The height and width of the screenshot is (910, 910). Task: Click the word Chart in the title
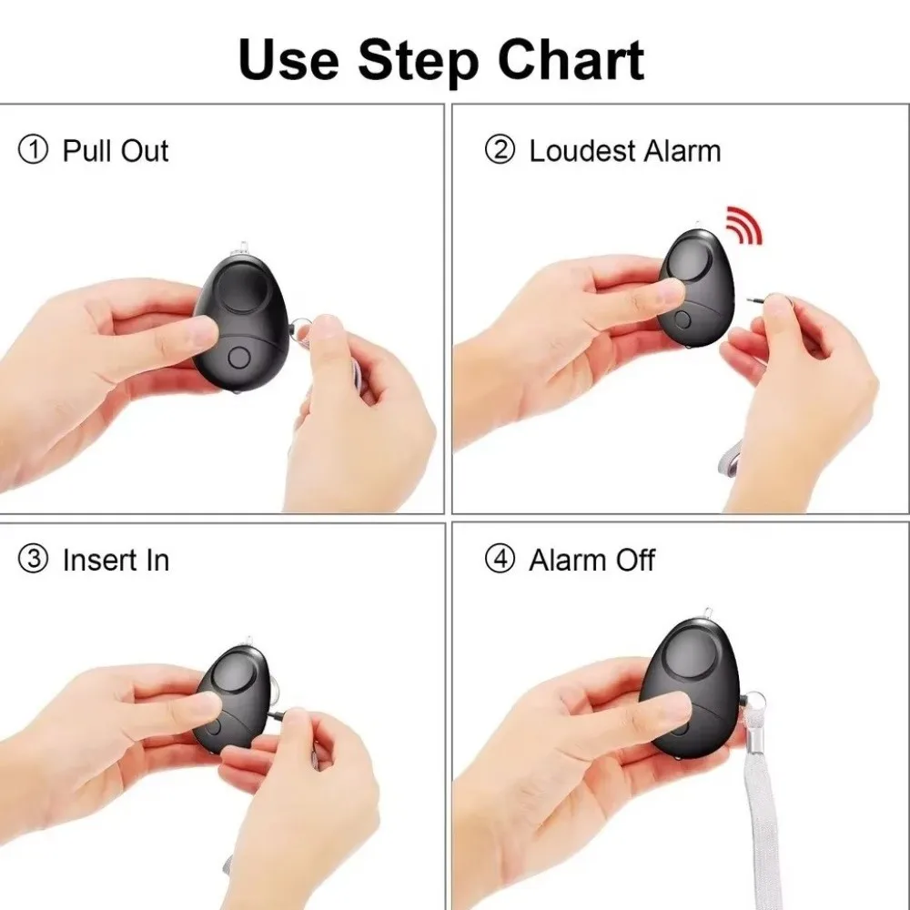(x=571, y=60)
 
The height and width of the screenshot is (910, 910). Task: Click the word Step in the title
(x=419, y=64)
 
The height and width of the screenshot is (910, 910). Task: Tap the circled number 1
(x=33, y=150)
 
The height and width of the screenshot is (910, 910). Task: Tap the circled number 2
(x=500, y=150)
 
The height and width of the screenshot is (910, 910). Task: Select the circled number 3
(x=33, y=560)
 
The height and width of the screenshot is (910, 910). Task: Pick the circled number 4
(x=500, y=560)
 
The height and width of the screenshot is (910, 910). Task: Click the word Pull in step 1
(x=87, y=151)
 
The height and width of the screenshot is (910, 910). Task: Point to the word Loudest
(x=582, y=151)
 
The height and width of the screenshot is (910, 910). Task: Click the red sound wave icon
(x=743, y=225)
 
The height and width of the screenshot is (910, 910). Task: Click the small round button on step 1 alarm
(x=238, y=358)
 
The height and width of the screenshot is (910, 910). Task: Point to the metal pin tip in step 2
(x=753, y=300)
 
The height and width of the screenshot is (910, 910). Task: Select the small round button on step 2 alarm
(x=683, y=319)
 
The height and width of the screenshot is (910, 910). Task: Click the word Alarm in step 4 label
(x=568, y=561)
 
